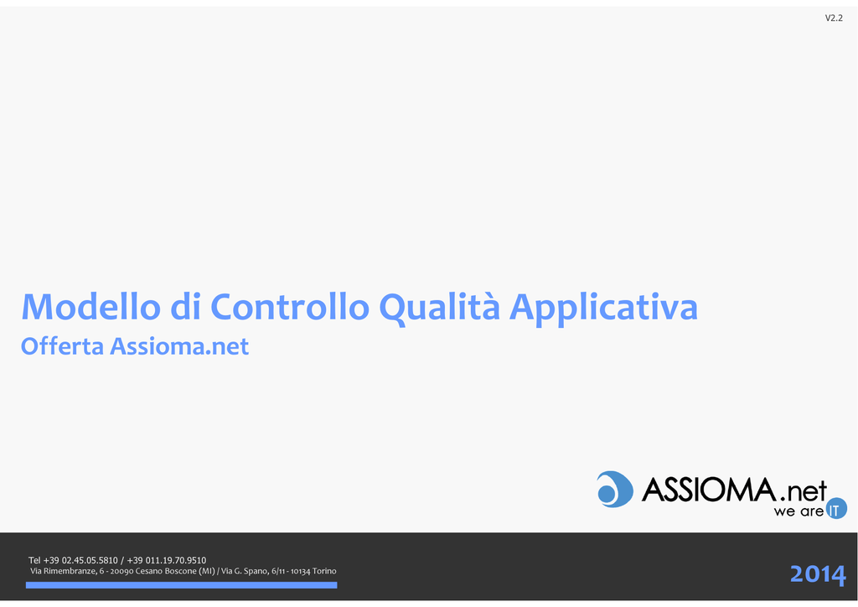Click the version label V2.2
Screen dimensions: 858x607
pos(834,18)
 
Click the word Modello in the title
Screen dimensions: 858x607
pos(90,306)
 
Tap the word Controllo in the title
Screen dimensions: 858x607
pos(290,306)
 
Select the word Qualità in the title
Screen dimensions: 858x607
pos(439,308)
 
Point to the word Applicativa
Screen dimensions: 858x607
pos(603,309)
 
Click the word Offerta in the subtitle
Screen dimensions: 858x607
pos(62,346)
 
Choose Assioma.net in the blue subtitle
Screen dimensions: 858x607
pos(179,346)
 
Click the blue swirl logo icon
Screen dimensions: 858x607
pos(614,490)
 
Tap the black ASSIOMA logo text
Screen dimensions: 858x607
pos(709,490)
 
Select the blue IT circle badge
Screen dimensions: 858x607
pos(836,508)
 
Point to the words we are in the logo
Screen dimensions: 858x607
pos(799,511)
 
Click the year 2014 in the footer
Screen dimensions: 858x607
pos(818,574)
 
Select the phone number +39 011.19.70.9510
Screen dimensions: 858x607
pos(167,561)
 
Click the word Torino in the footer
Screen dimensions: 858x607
pos(324,572)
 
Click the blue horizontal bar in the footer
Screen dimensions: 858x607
pos(181,585)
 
